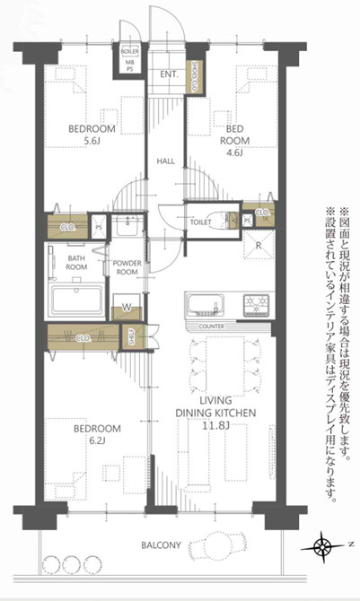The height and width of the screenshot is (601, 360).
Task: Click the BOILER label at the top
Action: [129, 52]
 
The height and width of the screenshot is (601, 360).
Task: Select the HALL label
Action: [166, 161]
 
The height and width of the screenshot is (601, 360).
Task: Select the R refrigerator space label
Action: [258, 245]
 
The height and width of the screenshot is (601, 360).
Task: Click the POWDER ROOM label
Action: [127, 267]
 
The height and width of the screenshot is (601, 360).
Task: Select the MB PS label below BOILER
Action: [129, 65]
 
